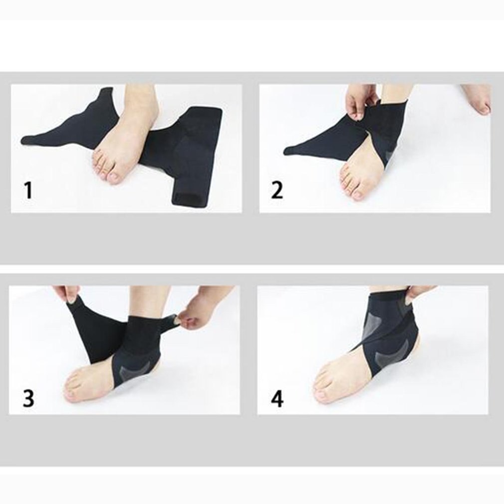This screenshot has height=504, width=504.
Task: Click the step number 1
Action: coord(28,190)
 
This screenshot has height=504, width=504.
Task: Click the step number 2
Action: coord(277,190)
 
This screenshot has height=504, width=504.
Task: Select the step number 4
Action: coord(277,399)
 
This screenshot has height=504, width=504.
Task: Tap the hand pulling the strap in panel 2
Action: coord(362,102)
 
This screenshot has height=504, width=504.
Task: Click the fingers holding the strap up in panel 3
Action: coord(65,294)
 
